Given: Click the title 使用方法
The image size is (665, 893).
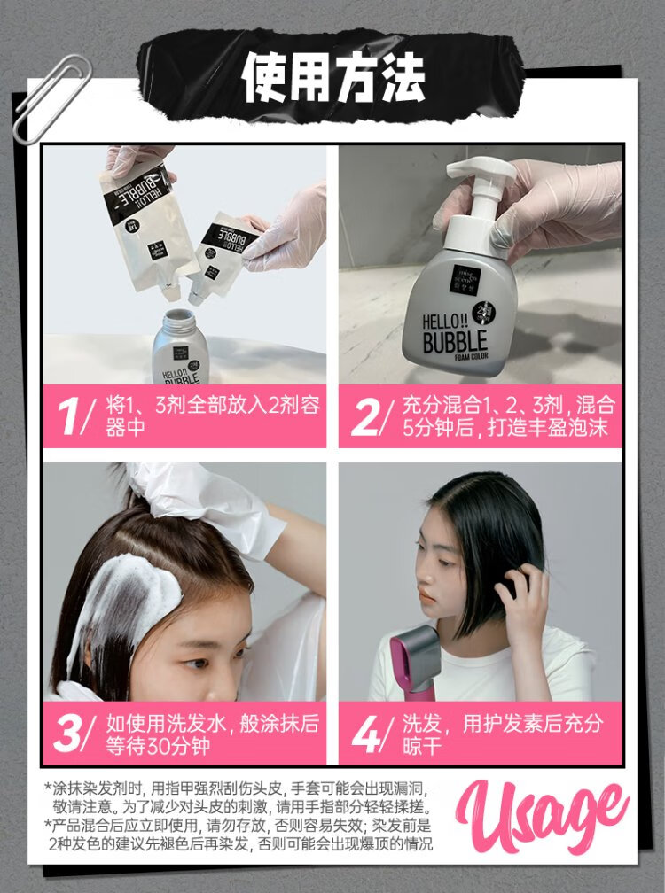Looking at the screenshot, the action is coord(333,78).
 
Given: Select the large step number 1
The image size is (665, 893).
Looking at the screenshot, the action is coord(71,416).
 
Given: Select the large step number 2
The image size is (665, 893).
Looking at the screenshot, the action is coord(364,416).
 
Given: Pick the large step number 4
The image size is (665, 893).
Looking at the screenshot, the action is coord(366,734).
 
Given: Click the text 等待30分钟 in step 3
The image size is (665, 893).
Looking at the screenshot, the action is coord(158,746).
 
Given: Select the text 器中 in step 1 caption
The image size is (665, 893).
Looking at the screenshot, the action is coord(125,428).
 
